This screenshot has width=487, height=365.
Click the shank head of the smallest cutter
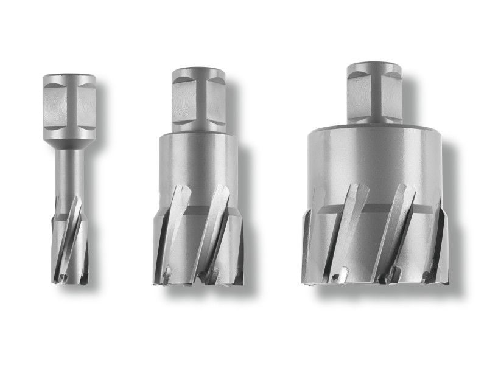(69, 103)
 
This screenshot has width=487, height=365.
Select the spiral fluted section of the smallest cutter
(69, 237)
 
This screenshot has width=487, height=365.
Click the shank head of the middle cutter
(198, 97)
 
